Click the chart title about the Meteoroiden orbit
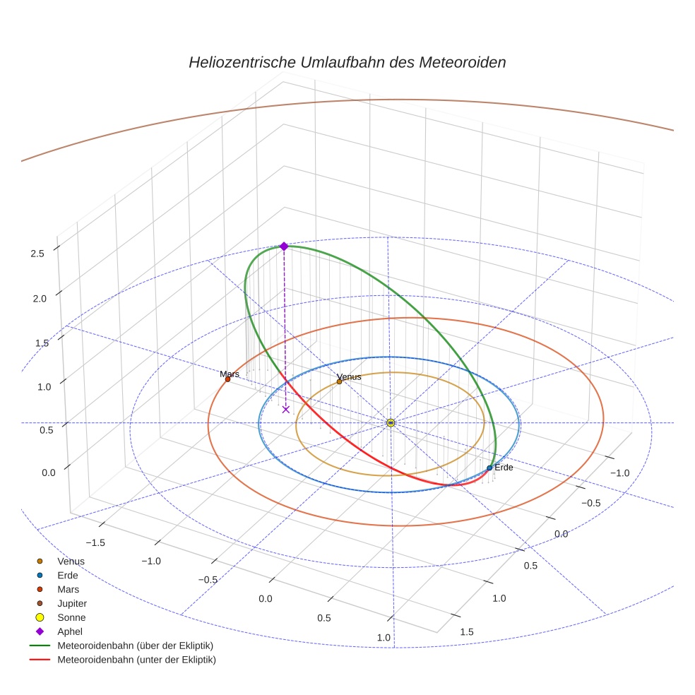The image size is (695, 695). [x=347, y=62]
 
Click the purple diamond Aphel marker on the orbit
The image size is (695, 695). [x=284, y=246]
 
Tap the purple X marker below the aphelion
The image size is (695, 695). [x=286, y=409]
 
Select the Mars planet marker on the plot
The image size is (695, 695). [x=227, y=379]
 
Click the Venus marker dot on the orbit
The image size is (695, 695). [x=339, y=381]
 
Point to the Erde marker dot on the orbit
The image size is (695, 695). [x=489, y=468]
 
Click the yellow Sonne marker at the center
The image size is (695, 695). [x=391, y=422]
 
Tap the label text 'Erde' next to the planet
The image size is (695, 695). [x=504, y=468]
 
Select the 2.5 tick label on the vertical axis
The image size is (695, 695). [x=38, y=254]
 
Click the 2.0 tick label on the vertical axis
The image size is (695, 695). [x=38, y=298]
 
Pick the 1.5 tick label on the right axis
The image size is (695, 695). [x=466, y=631]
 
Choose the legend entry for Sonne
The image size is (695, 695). [x=71, y=617]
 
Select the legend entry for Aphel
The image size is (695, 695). [x=70, y=631]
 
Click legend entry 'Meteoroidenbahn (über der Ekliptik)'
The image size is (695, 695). [x=135, y=646]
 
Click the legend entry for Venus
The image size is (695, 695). [x=71, y=561]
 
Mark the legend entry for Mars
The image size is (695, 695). [x=69, y=589]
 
